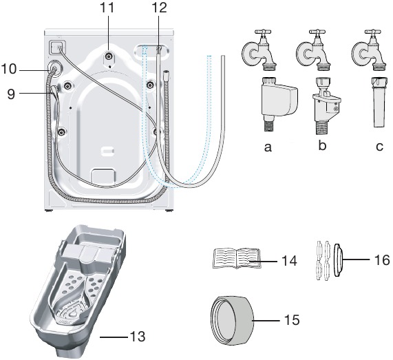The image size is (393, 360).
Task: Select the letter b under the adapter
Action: tap(321, 147)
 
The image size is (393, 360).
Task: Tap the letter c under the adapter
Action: tap(378, 147)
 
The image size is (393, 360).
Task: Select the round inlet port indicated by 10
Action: tap(52, 70)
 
